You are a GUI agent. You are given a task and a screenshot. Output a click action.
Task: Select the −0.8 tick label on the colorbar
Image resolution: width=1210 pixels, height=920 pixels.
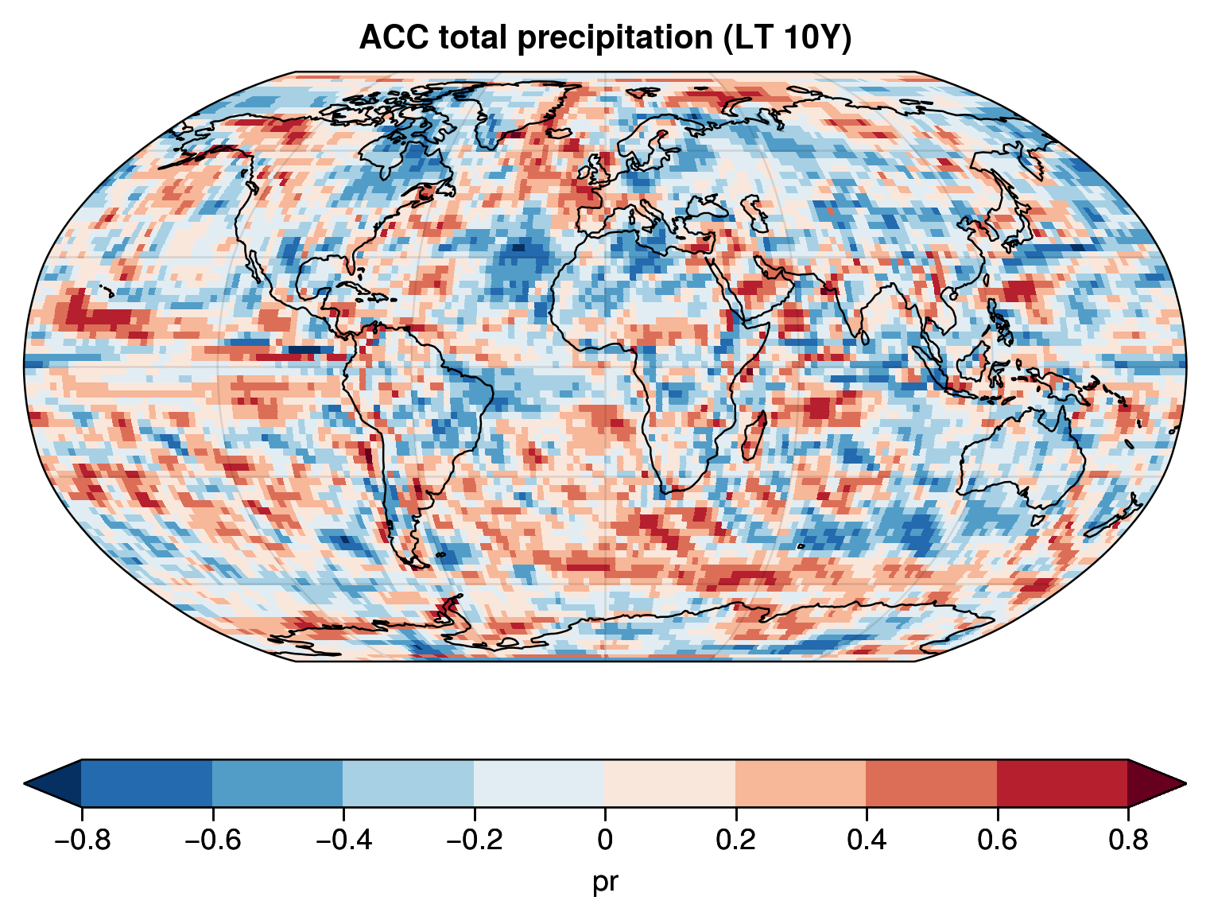pyautogui.click(x=81, y=840)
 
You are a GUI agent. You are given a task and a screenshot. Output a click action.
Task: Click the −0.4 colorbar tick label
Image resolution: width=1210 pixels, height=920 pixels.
pyautogui.click(x=343, y=840)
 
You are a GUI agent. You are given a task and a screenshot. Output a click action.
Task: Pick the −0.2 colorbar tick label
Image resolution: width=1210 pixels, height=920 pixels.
pyautogui.click(x=473, y=840)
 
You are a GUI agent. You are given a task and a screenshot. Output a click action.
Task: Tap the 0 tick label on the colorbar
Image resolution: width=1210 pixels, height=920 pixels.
pyautogui.click(x=604, y=840)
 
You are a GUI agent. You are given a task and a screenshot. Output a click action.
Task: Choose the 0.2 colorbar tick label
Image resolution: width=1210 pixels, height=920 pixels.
pyautogui.click(x=735, y=840)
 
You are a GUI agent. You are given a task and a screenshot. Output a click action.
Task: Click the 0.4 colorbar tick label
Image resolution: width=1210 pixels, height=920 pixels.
pyautogui.click(x=866, y=840)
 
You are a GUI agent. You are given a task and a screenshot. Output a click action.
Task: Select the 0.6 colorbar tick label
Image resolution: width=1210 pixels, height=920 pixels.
pyautogui.click(x=997, y=840)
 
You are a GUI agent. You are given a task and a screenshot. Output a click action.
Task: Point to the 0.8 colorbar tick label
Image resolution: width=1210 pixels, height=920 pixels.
pyautogui.click(x=1127, y=840)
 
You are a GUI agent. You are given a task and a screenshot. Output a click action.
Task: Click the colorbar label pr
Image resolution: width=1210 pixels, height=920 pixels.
pyautogui.click(x=604, y=881)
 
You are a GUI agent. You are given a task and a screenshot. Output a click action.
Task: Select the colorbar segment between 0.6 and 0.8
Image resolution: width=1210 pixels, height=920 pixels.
pyautogui.click(x=1062, y=783)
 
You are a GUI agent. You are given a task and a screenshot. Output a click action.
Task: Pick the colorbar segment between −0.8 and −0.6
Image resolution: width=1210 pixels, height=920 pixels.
pyautogui.click(x=146, y=783)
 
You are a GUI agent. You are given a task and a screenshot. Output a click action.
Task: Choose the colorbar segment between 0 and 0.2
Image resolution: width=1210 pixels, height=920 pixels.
pyautogui.click(x=669, y=783)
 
